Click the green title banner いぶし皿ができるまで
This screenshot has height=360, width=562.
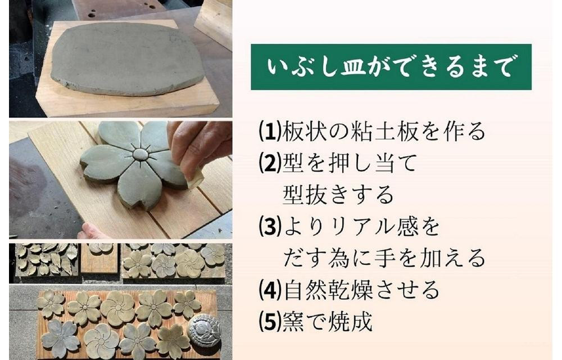[391, 67]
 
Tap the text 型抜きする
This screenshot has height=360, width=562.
[338, 195]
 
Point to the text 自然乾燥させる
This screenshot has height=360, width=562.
[361, 290]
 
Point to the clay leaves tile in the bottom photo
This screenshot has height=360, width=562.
[46, 259]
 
